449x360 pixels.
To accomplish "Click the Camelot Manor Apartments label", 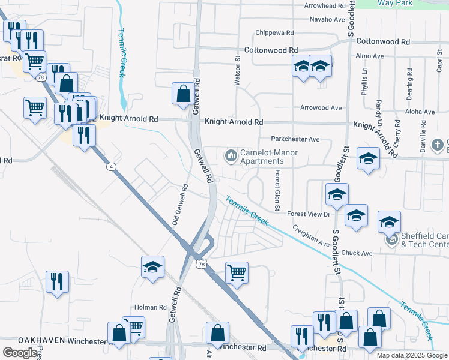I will click(x=261, y=157).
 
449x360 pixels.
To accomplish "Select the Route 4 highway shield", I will click(x=111, y=166).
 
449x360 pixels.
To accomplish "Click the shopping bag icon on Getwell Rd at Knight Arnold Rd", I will click(x=183, y=94).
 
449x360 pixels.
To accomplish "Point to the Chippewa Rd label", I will click(x=274, y=33).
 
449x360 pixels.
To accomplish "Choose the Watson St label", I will click(x=237, y=74).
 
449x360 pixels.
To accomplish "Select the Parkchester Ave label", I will click(x=295, y=139).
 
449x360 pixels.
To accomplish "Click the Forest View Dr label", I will click(x=309, y=214).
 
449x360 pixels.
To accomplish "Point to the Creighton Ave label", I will click(x=311, y=236).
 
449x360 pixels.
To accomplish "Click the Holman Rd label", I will click(x=150, y=307).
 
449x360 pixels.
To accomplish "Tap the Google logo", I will click(x=20, y=353).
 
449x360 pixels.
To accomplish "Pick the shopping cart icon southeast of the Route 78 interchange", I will click(x=237, y=272).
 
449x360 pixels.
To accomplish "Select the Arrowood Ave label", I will click(x=321, y=108).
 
